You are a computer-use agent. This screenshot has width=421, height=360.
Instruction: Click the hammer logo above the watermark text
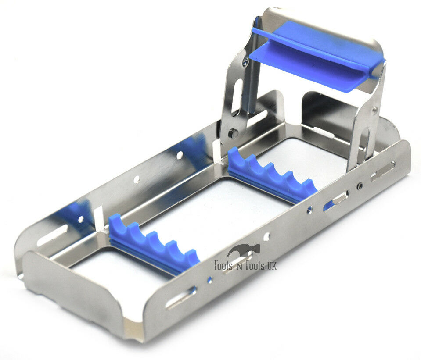[244, 250]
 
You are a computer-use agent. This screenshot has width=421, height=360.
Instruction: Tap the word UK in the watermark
[270, 265]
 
